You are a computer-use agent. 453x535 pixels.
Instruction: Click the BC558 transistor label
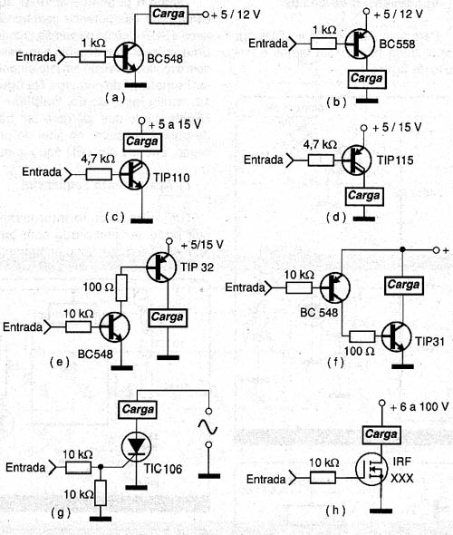coord(397,44)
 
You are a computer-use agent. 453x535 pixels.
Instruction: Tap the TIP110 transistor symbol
coord(135,175)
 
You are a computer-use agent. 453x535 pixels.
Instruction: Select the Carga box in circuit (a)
coord(169,15)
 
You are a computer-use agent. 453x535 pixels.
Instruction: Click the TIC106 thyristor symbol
coord(136,445)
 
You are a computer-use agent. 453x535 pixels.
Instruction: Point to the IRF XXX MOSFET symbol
coord(371,469)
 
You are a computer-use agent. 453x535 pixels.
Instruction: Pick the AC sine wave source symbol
coord(207,427)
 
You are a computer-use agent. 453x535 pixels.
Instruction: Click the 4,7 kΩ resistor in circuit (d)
coord(321,160)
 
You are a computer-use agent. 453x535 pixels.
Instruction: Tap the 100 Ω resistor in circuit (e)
coord(121,287)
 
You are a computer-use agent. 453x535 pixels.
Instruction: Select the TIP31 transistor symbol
coord(396,336)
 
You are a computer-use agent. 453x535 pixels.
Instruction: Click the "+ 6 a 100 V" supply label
coord(419,407)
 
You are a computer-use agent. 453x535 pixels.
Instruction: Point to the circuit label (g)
coord(61,513)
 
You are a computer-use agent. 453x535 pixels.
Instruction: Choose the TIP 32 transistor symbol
coord(161,267)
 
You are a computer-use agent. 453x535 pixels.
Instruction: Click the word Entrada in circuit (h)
coord(265,479)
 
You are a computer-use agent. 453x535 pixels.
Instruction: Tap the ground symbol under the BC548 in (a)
coord(135,85)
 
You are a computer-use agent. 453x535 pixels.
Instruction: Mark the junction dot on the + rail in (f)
coord(402,249)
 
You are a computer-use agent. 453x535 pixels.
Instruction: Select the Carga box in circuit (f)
coord(403,286)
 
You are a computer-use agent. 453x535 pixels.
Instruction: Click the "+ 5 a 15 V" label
coord(175,125)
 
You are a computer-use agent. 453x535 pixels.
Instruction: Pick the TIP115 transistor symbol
coord(357,160)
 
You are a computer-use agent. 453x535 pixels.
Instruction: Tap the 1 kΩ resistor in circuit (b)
coord(323,44)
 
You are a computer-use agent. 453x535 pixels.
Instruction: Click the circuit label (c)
coord(115,217)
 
